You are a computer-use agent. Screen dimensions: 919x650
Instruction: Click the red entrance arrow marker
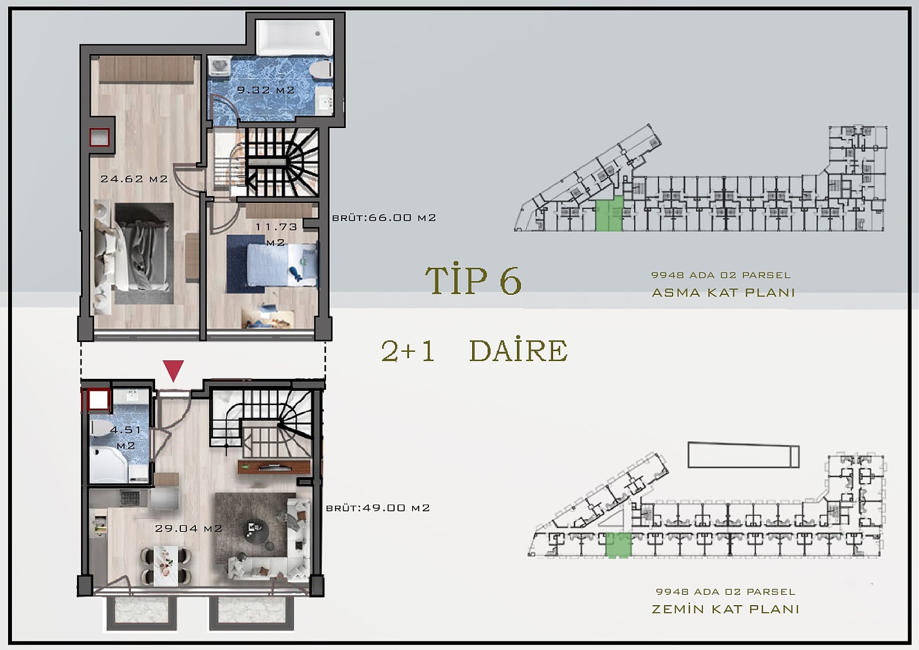[x=173, y=370]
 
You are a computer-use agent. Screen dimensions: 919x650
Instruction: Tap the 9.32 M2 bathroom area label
[x=266, y=90]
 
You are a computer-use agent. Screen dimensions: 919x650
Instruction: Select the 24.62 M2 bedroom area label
[x=134, y=179]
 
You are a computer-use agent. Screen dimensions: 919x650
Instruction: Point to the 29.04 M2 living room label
[x=188, y=529]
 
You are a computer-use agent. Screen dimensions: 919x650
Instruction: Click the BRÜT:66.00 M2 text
[x=384, y=218]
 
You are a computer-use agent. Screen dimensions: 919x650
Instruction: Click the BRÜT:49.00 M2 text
[x=378, y=508]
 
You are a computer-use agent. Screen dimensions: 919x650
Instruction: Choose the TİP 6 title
[x=473, y=280]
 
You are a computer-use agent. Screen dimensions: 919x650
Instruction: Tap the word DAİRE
[x=519, y=350]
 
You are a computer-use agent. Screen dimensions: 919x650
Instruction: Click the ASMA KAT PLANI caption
[x=723, y=293]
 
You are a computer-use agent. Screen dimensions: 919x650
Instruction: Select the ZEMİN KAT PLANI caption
[x=725, y=609]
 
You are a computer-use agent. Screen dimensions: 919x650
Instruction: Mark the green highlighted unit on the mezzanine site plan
[x=609, y=214]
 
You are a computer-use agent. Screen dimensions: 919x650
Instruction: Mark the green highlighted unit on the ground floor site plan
[x=619, y=545]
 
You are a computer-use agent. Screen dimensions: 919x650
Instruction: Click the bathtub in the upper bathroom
[x=294, y=37]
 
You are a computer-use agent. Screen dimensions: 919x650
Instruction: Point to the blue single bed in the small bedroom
[x=282, y=264]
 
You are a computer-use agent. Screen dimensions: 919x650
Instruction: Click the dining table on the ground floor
[x=166, y=565]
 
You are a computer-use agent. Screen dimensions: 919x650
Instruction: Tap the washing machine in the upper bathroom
[x=220, y=67]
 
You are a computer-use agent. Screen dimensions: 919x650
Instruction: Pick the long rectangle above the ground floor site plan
[x=743, y=455]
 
